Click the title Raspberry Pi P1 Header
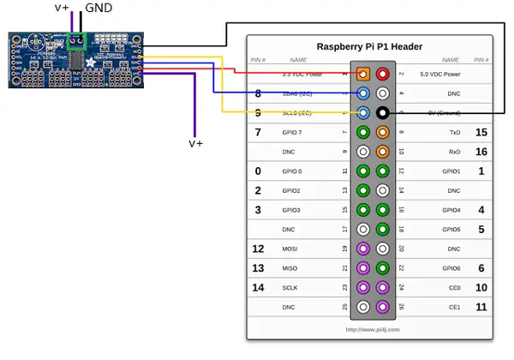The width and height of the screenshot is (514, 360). click(369, 46)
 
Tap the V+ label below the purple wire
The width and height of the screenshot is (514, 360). click(195, 143)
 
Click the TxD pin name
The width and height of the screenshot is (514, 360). click(454, 133)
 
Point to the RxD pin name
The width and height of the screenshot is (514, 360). click(454, 152)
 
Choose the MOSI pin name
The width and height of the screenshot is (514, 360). click(290, 249)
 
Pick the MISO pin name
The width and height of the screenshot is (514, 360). click(290, 268)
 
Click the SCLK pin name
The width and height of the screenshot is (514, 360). click(290, 288)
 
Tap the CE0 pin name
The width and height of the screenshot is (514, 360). click(455, 288)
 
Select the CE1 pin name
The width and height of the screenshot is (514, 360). click(455, 307)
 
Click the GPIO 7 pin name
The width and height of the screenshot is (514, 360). click(292, 133)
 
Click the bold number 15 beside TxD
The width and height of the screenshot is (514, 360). click(481, 132)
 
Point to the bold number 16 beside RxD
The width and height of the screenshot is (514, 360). click(481, 152)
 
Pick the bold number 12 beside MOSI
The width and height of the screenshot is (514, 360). click(258, 249)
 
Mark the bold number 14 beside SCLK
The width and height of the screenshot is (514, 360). click(258, 288)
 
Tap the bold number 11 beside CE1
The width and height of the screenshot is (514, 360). click(481, 307)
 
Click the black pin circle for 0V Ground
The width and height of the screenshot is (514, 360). click(382, 113)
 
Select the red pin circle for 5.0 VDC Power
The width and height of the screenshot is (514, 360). click(382, 75)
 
